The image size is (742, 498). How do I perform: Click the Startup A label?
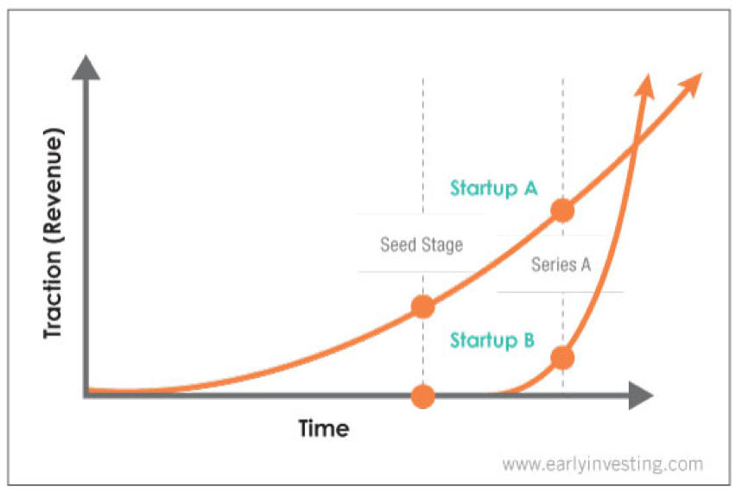coord(493,188)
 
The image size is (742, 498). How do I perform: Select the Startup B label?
coord(492,341)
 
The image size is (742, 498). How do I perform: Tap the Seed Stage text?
coord(422,245)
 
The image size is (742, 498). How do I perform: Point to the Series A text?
coord(561,264)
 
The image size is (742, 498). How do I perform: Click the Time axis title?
coord(324,429)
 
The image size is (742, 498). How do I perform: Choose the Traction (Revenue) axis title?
coord(53,233)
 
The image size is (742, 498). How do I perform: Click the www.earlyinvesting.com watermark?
coord(602,464)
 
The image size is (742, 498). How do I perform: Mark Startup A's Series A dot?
coord(562,211)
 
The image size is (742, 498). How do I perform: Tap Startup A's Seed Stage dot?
coord(423,307)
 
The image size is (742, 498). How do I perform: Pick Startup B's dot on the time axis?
coord(423,396)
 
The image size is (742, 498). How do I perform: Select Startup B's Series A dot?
coord(562,358)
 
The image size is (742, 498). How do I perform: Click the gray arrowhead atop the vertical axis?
coord(86,67)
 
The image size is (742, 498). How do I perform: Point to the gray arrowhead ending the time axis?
coord(641,395)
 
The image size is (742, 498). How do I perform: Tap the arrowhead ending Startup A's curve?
coord(690,84)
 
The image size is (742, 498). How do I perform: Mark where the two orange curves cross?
coord(634,146)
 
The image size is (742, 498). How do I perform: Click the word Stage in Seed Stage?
coord(442,245)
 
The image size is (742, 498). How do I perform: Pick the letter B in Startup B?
coord(529,339)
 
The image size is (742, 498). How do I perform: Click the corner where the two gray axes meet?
coord(86,395)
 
